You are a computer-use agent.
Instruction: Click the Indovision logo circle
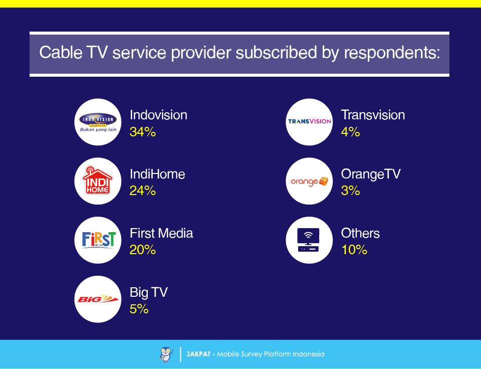coord(98,122)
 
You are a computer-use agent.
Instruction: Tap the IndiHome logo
coord(98,181)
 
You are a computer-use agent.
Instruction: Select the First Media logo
coord(98,240)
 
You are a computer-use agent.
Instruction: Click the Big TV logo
coord(98,299)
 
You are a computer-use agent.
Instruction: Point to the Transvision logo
coord(309,122)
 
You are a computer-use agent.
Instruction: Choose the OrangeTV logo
coord(309,181)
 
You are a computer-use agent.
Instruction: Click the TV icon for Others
coord(309,240)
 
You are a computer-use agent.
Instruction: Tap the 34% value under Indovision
coord(143,132)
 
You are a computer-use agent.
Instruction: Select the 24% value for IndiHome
coord(143,191)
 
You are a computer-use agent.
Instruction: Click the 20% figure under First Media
coord(143,250)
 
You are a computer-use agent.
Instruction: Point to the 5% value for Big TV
coord(139,309)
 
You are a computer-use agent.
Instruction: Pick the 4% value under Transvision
coord(350,132)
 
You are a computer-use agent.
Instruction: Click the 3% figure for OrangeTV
coord(350,191)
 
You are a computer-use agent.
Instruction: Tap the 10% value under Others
coord(354,250)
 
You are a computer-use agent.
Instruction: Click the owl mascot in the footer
coord(166,354)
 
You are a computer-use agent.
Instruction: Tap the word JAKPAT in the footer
coord(199,354)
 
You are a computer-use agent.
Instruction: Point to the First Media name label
coord(161,233)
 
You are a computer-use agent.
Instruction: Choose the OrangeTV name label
coord(371,174)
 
